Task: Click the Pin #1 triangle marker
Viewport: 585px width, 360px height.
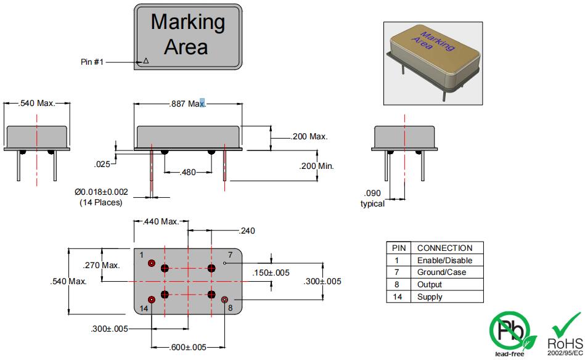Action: point(146,61)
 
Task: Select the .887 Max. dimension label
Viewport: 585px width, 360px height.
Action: point(187,104)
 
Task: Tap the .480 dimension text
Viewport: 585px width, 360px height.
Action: point(187,172)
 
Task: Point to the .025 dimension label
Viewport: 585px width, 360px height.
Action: point(102,164)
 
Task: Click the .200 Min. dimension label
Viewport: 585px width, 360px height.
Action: point(316,166)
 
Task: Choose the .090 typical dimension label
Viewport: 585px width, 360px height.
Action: point(372,198)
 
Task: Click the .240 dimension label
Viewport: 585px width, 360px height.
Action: point(247,231)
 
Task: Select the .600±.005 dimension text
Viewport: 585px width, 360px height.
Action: point(187,347)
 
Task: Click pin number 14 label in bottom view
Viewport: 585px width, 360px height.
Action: point(143,307)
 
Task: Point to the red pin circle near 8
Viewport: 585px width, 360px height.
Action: point(225,300)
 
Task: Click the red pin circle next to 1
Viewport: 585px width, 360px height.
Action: point(152,263)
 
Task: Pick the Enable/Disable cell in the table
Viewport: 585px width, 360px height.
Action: point(444,260)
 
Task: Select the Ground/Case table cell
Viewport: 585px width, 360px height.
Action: point(441,272)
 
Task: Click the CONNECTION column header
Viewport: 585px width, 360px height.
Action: point(444,248)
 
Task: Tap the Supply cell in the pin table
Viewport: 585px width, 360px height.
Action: point(430,297)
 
